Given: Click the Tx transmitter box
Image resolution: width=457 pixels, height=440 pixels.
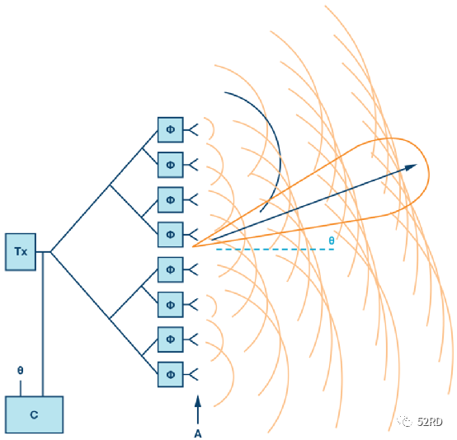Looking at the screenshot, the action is pyautogui.click(x=21, y=252).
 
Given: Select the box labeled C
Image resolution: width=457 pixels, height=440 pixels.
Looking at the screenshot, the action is pyautogui.click(x=35, y=414).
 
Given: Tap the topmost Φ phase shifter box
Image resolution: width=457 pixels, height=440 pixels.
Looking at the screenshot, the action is pyautogui.click(x=171, y=130).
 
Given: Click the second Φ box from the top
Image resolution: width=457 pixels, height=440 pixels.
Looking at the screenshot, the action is pyautogui.click(x=171, y=165).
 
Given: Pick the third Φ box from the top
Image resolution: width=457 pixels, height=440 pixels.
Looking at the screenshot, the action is pyautogui.click(x=171, y=199).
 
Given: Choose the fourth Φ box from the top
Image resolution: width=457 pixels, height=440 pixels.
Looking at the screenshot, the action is pyautogui.click(x=171, y=235).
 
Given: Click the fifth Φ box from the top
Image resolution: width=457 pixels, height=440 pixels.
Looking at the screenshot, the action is pyautogui.click(x=171, y=269).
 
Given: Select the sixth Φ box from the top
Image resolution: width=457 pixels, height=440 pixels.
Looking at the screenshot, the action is pyautogui.click(x=171, y=305).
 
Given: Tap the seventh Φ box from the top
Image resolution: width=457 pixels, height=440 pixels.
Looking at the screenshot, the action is pyautogui.click(x=171, y=339).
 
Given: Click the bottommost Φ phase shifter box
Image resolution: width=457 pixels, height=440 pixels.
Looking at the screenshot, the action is pyautogui.click(x=171, y=374).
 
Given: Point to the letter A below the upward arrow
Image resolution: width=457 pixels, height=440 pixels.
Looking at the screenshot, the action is pyautogui.click(x=198, y=433).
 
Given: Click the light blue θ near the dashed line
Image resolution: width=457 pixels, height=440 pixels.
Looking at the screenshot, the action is pyautogui.click(x=332, y=241).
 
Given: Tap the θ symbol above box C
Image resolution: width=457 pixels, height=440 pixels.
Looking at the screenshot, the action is pyautogui.click(x=20, y=371).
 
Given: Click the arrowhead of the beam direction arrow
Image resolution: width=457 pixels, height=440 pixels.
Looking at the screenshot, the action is pyautogui.click(x=411, y=167).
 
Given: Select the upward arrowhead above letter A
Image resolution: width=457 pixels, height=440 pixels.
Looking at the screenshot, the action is pyautogui.click(x=198, y=400).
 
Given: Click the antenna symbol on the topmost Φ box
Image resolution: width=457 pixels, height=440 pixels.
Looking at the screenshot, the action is pyautogui.click(x=191, y=129).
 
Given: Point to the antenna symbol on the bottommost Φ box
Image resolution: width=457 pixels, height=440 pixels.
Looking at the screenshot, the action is pyautogui.click(x=191, y=374).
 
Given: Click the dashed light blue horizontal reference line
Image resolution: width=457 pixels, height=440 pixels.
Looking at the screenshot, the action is pyautogui.click(x=275, y=250).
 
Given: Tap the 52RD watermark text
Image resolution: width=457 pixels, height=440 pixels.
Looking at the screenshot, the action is pyautogui.click(x=430, y=421).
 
